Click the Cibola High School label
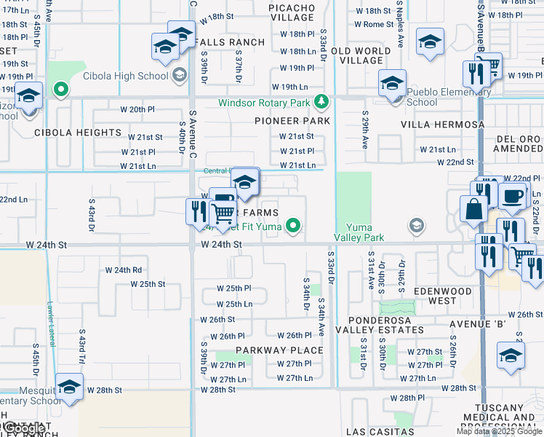pyautogui.click(x=126, y=75)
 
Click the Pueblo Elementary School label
pyautogui.click(x=432, y=97)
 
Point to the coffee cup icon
pyautogui.click(x=513, y=197)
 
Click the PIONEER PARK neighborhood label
pyautogui.click(x=292, y=121)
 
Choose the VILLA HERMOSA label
pyautogui.click(x=442, y=125)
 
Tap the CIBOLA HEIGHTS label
pyautogui.click(x=78, y=133)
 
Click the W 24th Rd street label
pyautogui.click(x=123, y=269)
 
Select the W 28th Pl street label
pyautogui.click(x=407, y=398)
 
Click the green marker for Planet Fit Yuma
pyautogui.click(x=293, y=226)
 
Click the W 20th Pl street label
pyautogui.click(x=137, y=109)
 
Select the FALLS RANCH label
pyautogui.click(x=231, y=42)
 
